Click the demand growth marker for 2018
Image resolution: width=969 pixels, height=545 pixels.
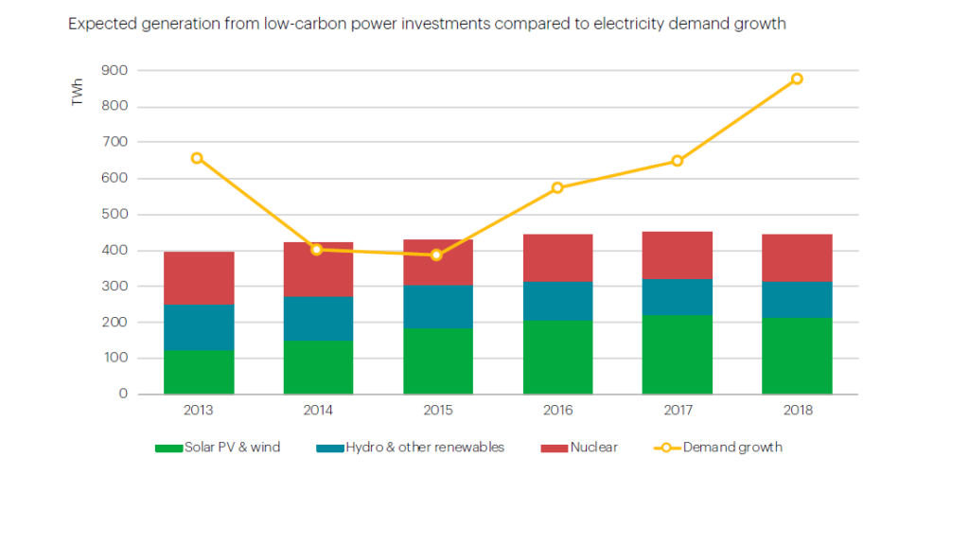click(797, 79)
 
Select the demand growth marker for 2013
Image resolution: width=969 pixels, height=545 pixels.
click(197, 158)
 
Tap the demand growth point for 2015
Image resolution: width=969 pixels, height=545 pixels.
click(436, 255)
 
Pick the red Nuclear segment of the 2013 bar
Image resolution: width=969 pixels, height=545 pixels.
click(199, 277)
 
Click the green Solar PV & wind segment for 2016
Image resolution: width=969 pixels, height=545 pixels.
click(557, 357)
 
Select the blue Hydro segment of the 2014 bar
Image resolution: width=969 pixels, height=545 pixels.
click(318, 318)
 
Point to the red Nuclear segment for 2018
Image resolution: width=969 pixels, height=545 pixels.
click(797, 257)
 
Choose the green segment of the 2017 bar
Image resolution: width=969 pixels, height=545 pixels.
click(677, 354)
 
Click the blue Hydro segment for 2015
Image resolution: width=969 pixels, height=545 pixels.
click(437, 307)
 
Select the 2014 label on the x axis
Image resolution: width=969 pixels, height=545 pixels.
click(318, 411)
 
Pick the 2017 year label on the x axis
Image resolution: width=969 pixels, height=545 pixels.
click(677, 411)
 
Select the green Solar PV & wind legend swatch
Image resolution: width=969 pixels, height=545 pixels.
click(168, 448)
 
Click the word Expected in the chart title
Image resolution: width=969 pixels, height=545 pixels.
click(99, 24)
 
